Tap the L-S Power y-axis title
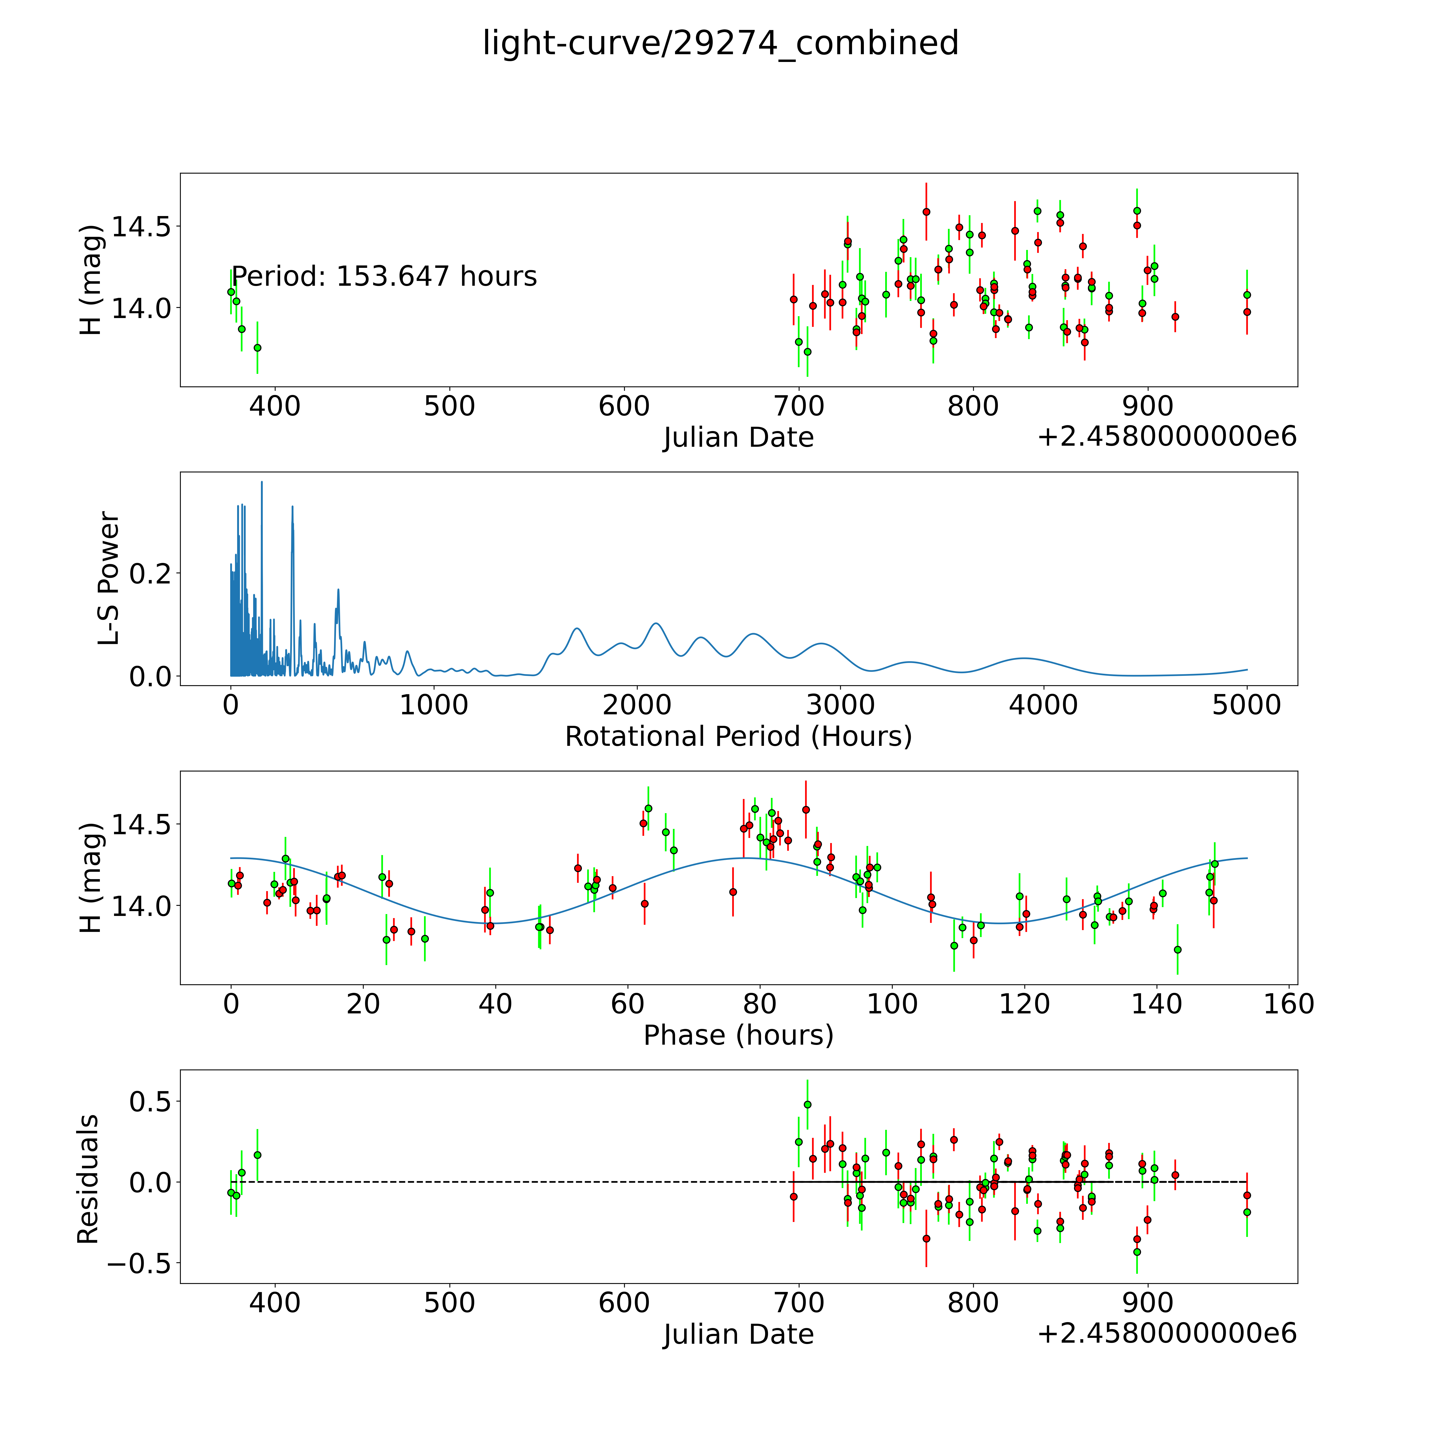(x=108, y=578)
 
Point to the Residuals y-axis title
(x=88, y=1179)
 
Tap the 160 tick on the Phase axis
(x=1288, y=1004)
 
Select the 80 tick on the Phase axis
(x=760, y=1004)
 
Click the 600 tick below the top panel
(x=624, y=407)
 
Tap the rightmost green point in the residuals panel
(x=1247, y=1212)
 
